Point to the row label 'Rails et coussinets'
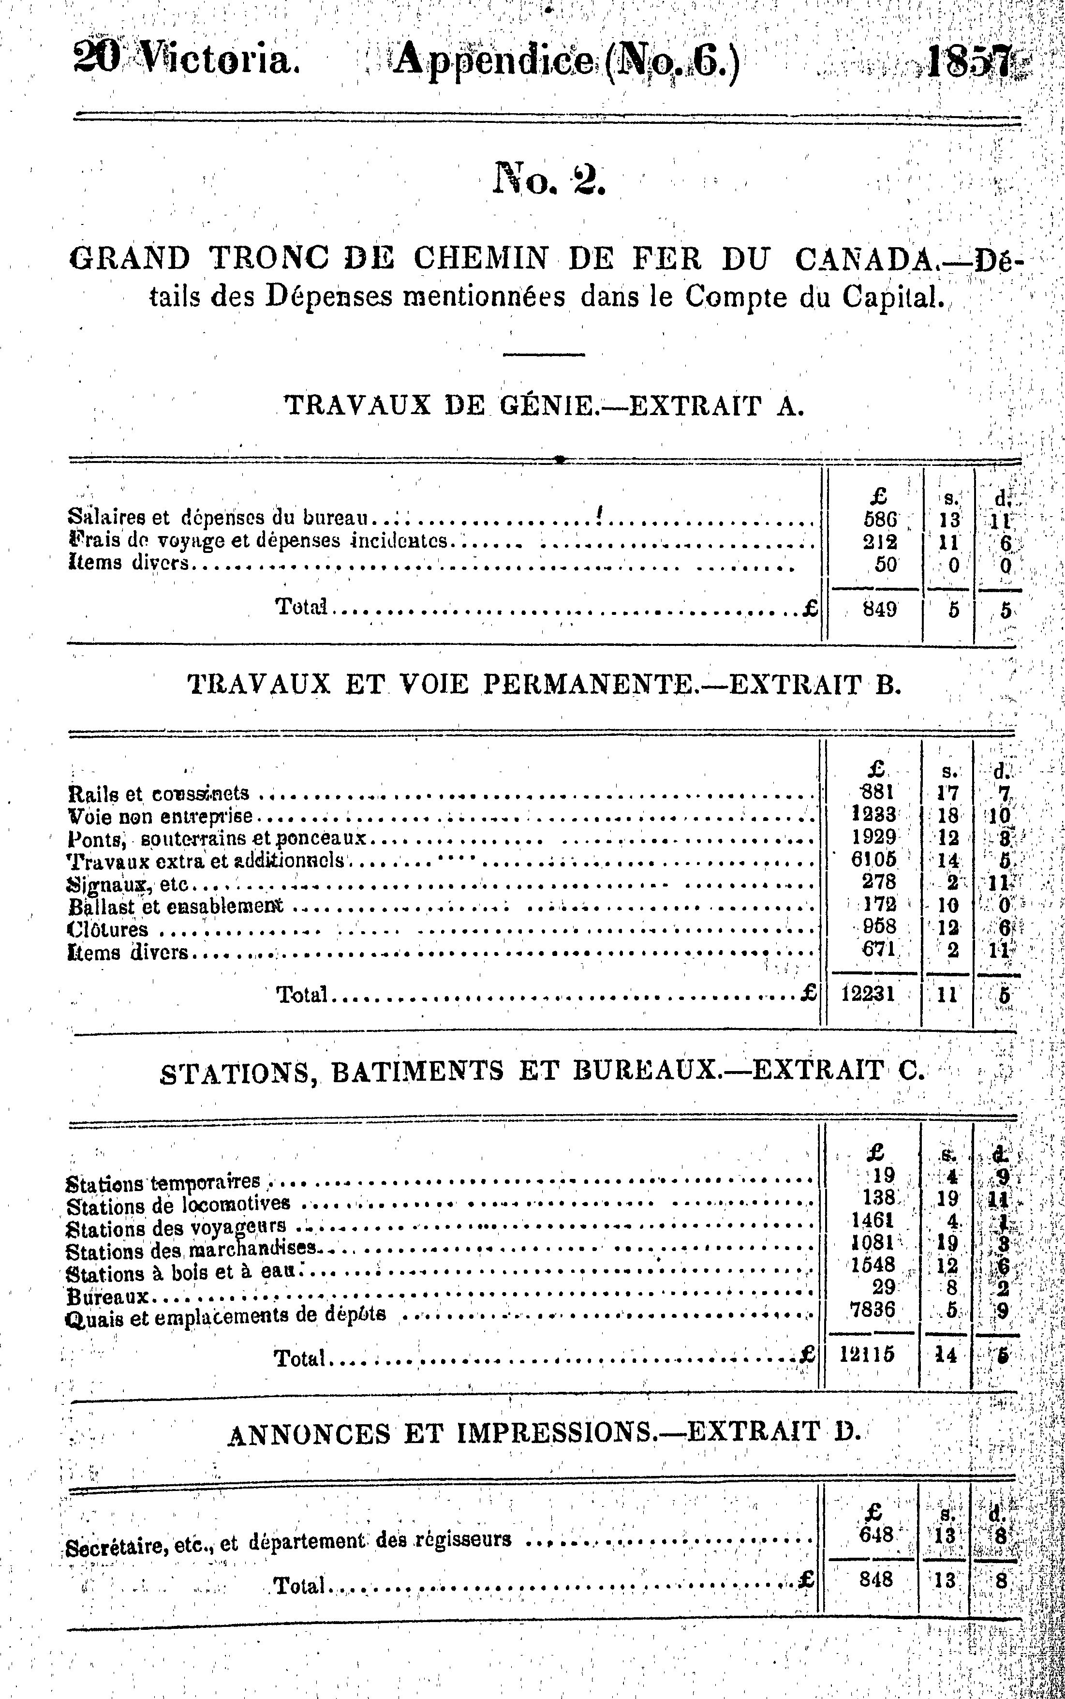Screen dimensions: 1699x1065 pos(159,794)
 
